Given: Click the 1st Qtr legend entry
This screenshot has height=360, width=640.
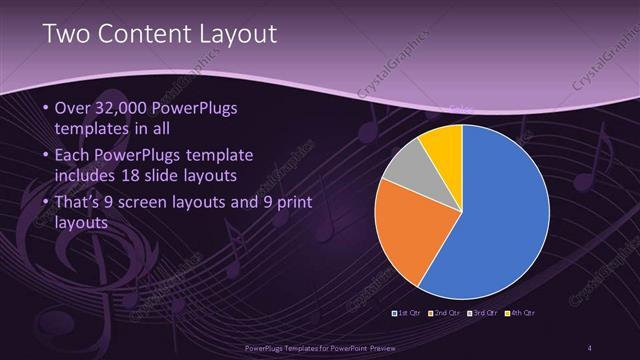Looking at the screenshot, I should [406, 313].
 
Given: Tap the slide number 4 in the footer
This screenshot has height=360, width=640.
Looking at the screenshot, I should [589, 348].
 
